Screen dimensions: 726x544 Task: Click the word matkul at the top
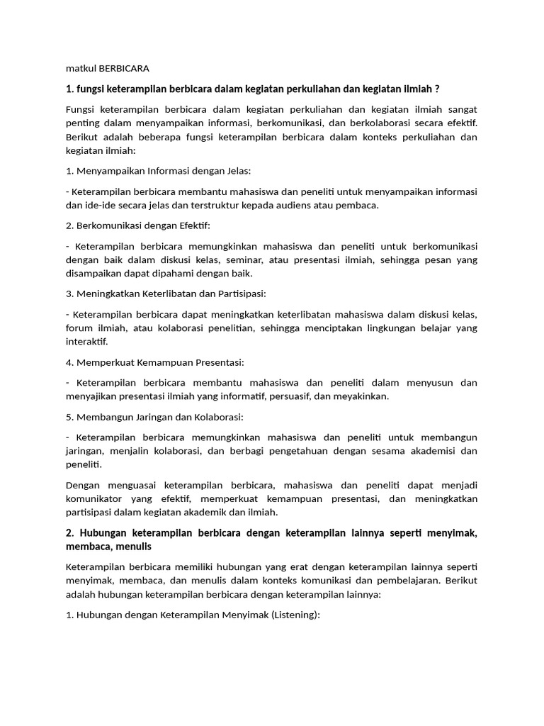80,69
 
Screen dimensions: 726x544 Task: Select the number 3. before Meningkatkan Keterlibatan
69,294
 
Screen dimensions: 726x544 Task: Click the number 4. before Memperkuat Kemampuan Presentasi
69,362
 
